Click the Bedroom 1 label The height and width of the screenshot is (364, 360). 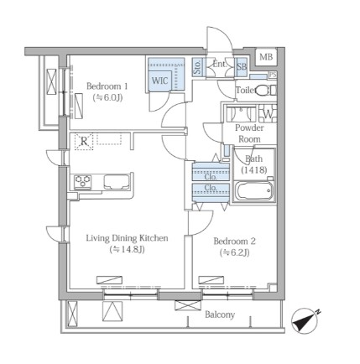coord(107,86)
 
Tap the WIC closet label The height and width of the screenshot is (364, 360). coord(159,81)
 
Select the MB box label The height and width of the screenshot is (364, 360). coord(266,57)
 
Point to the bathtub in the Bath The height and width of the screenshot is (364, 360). coord(253,191)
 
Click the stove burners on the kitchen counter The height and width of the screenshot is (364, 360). coord(82,181)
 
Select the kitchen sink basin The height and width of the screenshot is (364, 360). coord(117,182)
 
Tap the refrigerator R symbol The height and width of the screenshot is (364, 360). coord(84,142)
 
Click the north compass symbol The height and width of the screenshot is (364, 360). coord(305,320)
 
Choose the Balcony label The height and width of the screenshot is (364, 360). coord(220,315)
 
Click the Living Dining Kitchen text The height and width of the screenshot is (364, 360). coord(127,238)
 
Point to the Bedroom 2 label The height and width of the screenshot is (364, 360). coord(234,241)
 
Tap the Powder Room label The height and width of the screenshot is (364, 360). coord(249,133)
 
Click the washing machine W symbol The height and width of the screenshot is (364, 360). coord(268,114)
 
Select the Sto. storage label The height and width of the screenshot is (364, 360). coord(197,67)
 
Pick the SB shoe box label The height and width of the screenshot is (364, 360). coord(242,67)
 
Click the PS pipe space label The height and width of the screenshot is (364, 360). coord(273,75)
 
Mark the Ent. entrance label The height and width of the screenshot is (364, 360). coord(220,64)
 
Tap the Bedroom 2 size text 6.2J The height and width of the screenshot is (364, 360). coord(234,252)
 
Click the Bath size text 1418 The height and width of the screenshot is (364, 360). coord(254,169)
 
